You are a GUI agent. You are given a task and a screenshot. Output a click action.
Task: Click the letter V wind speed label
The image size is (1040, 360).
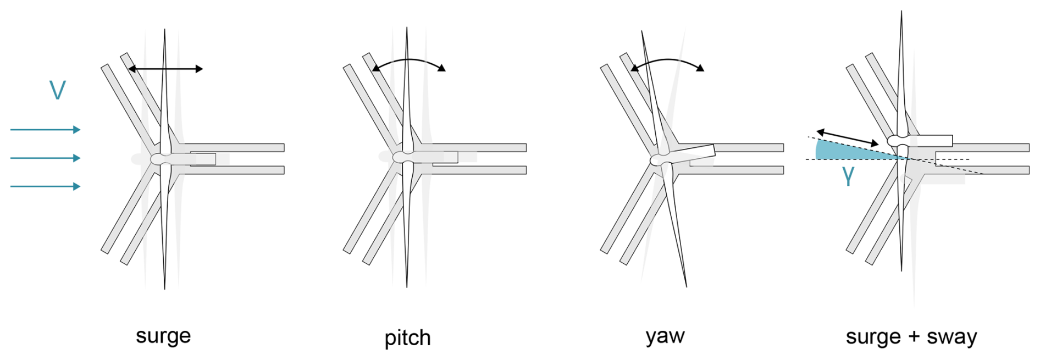(58, 90)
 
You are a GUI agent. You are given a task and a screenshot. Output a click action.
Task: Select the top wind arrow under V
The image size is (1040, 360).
(45, 130)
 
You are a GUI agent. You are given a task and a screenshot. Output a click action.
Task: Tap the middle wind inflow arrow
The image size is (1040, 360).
(45, 158)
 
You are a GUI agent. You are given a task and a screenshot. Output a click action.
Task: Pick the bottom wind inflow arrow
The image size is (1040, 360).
(45, 187)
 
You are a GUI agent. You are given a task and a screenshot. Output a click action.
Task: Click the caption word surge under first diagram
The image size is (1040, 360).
(163, 336)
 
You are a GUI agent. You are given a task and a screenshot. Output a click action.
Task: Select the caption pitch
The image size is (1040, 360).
(407, 337)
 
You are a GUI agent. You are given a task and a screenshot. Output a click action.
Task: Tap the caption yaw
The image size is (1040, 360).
(665, 336)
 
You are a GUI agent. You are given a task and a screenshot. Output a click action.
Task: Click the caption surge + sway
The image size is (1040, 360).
(911, 336)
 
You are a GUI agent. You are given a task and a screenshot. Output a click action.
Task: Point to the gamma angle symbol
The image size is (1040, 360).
(848, 175)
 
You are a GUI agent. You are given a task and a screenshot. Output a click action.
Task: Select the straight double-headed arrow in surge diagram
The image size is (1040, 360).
(165, 69)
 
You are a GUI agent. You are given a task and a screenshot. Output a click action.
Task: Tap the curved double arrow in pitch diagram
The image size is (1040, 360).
(409, 62)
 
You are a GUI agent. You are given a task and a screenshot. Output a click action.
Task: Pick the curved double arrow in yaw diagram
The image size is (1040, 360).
(667, 62)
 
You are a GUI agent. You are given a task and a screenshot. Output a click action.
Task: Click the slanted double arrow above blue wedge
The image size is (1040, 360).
(847, 137)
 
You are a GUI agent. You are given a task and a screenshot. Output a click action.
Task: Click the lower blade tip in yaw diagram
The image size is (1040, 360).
(686, 285)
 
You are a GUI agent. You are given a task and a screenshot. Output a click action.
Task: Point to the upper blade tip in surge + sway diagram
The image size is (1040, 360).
(901, 13)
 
